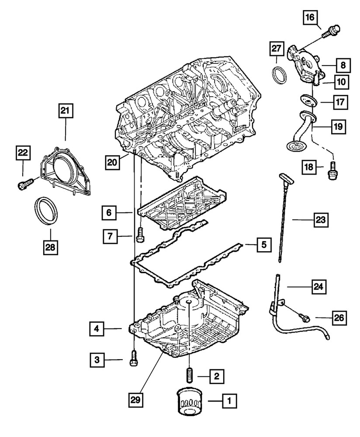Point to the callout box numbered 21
click(x=65, y=112)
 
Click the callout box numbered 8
click(x=343, y=66)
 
